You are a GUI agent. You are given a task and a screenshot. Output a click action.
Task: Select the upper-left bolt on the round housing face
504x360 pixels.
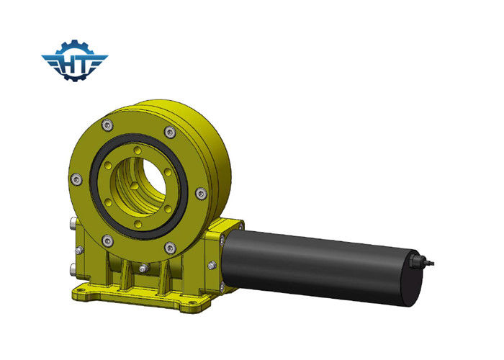click(x=108, y=125)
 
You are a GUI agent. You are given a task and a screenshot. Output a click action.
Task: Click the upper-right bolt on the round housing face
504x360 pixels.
click(x=170, y=132)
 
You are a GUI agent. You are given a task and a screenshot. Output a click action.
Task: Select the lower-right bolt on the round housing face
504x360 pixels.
click(x=170, y=247)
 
